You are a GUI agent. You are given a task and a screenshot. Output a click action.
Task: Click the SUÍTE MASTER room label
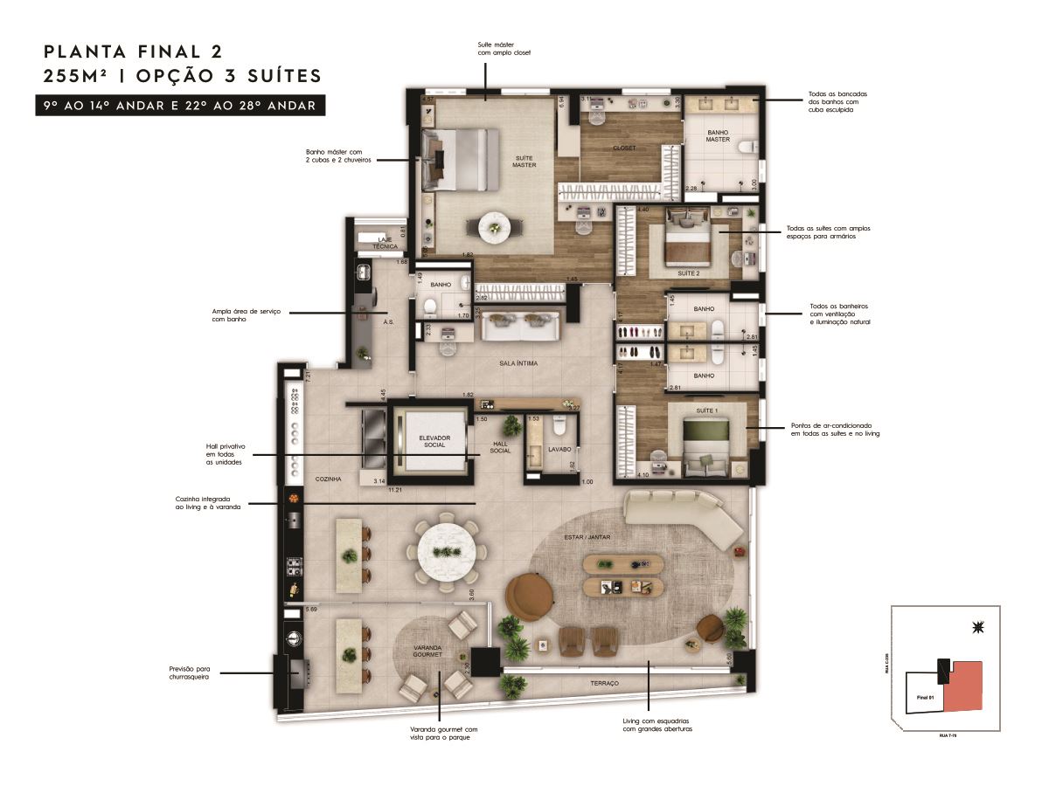[524, 161]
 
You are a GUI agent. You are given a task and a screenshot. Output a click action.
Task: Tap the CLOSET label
[623, 148]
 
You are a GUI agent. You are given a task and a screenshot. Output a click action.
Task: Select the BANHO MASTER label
[718, 135]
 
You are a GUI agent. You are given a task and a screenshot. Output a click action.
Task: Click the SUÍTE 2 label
[689, 272]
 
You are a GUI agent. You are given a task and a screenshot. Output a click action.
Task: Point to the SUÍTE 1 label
[705, 410]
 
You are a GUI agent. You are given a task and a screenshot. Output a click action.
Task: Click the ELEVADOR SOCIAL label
[434, 440]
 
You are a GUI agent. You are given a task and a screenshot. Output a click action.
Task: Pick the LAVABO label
[559, 449]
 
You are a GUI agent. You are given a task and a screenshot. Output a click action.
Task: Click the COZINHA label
[329, 479]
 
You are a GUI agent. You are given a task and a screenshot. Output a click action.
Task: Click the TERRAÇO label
[604, 682]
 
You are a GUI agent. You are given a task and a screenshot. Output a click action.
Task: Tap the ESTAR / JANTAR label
[587, 538]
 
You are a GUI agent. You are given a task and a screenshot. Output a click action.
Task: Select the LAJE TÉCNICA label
[385, 242]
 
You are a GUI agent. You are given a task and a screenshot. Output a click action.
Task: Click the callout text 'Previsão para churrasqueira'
[189, 672]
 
